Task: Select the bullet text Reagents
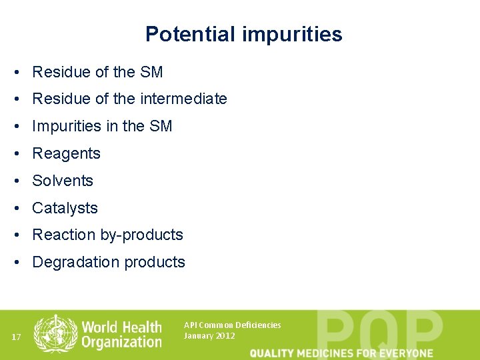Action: pyautogui.click(x=66, y=153)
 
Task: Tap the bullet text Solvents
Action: pyautogui.click(x=63, y=181)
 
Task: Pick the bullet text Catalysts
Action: pyautogui.click(x=65, y=208)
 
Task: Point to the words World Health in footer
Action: pyautogui.click(x=121, y=327)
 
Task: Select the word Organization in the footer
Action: pyautogui.click(x=122, y=342)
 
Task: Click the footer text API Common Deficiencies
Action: pyautogui.click(x=232, y=325)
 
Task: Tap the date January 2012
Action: pyautogui.click(x=209, y=335)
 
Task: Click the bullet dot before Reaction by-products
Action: pyautogui.click(x=23, y=235)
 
